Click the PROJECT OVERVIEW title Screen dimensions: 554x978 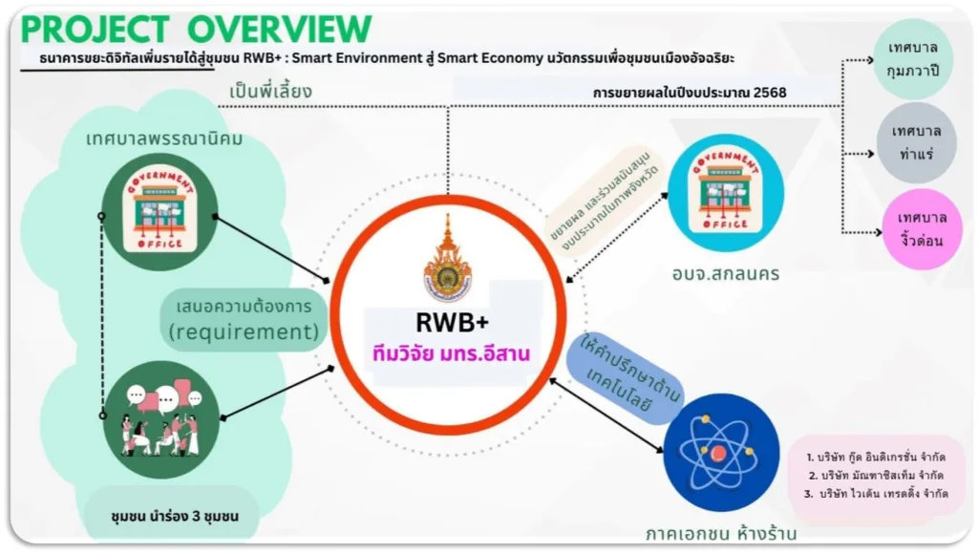(x=196, y=29)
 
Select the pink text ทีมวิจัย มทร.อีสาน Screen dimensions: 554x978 (x=451, y=353)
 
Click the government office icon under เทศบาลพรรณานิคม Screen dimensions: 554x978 (x=156, y=210)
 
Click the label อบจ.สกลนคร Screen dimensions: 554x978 (x=725, y=274)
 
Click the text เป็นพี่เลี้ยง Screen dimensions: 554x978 (x=271, y=91)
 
